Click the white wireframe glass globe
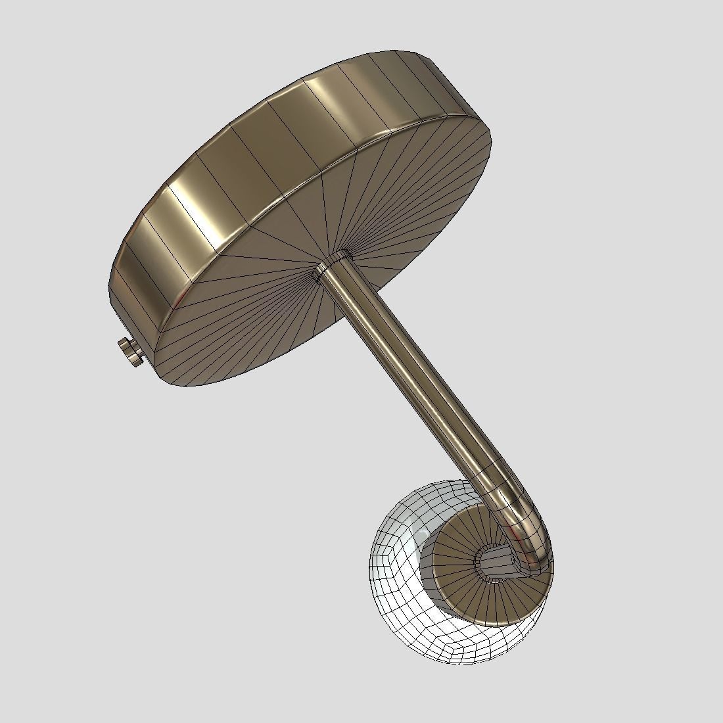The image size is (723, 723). [x=394, y=592]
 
